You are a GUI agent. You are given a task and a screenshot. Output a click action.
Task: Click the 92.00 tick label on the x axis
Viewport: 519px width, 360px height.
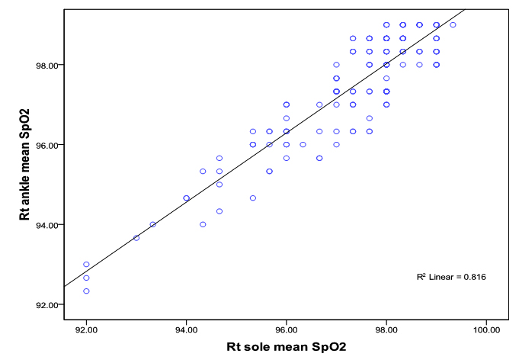tap(86, 329)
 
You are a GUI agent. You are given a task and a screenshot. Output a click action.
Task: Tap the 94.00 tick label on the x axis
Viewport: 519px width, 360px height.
tap(186, 329)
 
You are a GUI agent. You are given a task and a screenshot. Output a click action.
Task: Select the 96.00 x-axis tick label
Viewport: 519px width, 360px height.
tap(286, 329)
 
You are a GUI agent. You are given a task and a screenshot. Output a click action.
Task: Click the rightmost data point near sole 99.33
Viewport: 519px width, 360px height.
tap(453, 24)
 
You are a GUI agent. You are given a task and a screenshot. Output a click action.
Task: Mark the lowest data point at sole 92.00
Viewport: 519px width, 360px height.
tap(86, 291)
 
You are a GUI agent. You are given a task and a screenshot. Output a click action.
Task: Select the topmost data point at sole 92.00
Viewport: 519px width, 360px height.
tap(86, 264)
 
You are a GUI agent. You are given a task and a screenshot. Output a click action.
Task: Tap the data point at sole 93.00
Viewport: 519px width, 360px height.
tap(136, 237)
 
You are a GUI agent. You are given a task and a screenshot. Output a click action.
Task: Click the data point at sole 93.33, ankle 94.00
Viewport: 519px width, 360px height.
tap(152, 224)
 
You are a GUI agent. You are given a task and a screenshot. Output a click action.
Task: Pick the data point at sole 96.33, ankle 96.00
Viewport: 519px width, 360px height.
tap(303, 144)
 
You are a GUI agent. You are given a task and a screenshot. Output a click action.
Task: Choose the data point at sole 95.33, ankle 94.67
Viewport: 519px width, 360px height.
tap(253, 198)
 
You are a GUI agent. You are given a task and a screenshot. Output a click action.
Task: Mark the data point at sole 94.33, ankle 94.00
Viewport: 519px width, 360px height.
tap(203, 224)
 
